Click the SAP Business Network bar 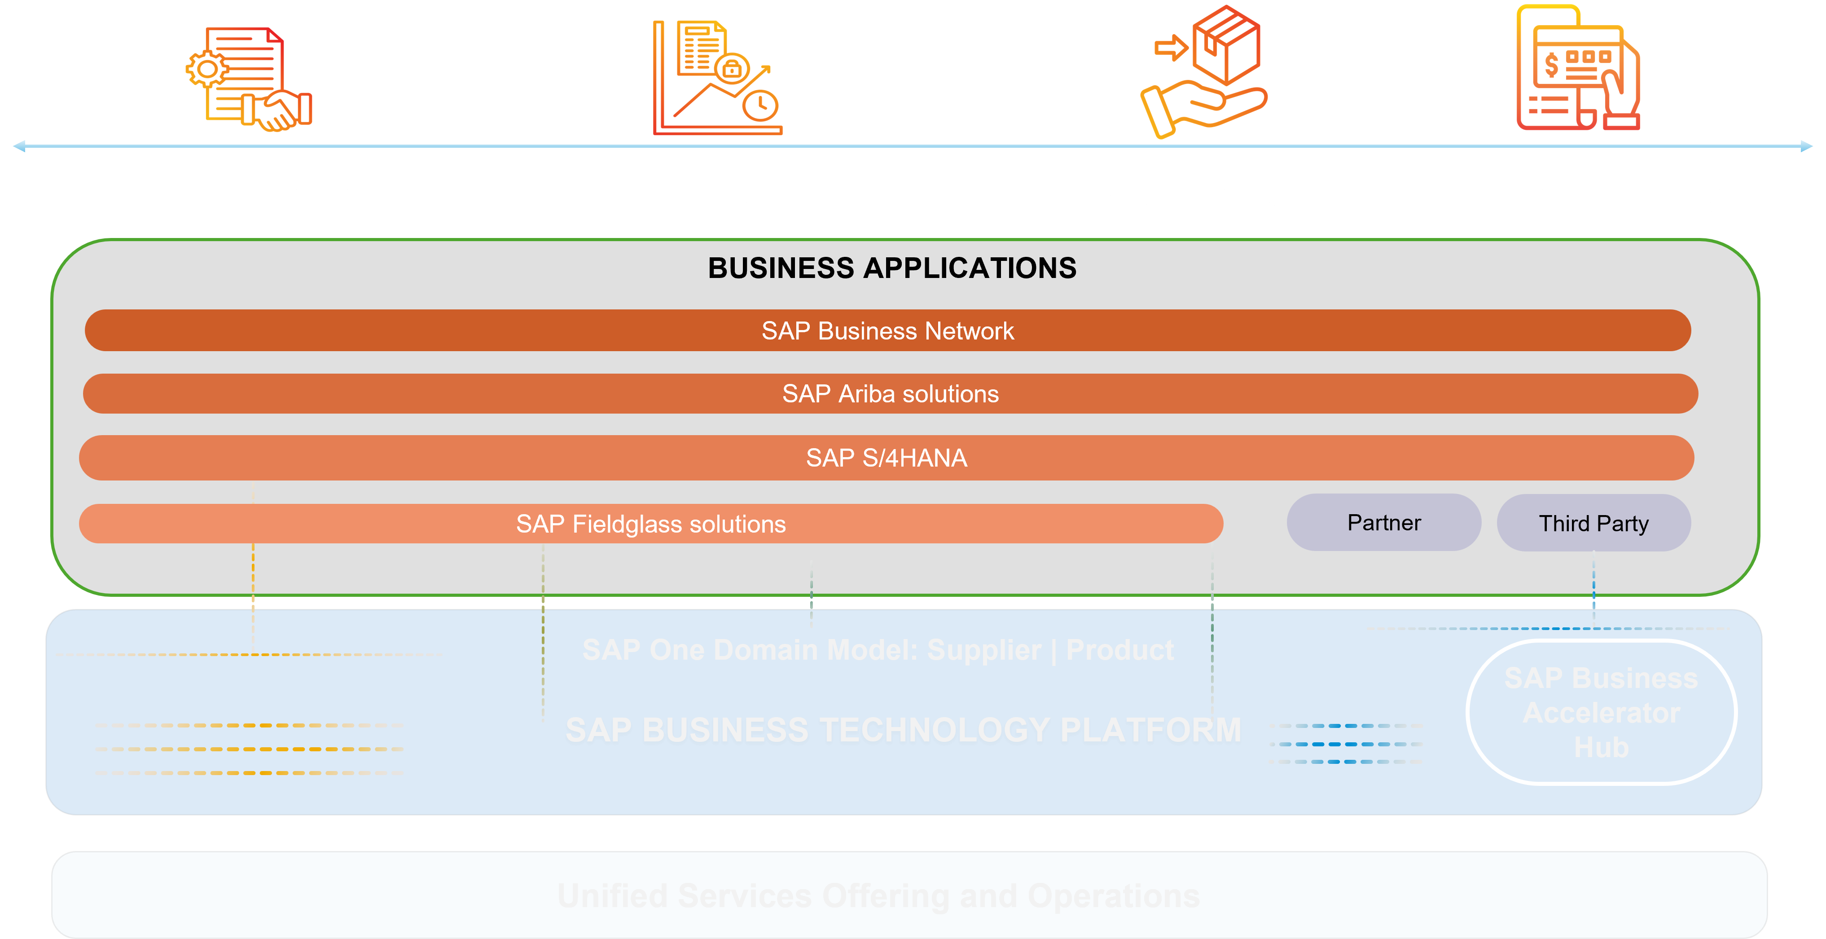[x=887, y=331]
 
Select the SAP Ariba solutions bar [x=890, y=394]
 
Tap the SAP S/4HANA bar [x=886, y=458]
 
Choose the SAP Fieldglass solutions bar [x=651, y=524]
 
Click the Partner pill [x=1384, y=523]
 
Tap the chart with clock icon [x=717, y=78]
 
